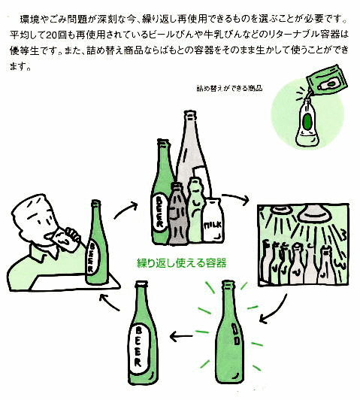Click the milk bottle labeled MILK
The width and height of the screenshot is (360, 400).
(x=213, y=220)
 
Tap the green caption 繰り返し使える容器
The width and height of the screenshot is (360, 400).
(x=182, y=262)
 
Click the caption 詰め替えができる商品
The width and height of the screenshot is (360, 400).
(x=229, y=88)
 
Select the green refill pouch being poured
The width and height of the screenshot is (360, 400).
(x=327, y=79)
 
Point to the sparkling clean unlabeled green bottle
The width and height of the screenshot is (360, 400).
(x=228, y=332)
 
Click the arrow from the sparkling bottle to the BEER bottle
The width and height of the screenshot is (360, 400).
(x=181, y=336)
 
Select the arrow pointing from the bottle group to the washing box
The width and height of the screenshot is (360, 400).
(x=236, y=198)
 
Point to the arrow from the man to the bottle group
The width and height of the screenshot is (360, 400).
(x=126, y=209)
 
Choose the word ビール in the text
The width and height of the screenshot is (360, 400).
(x=164, y=35)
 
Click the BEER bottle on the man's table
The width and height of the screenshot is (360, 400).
(x=97, y=242)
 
